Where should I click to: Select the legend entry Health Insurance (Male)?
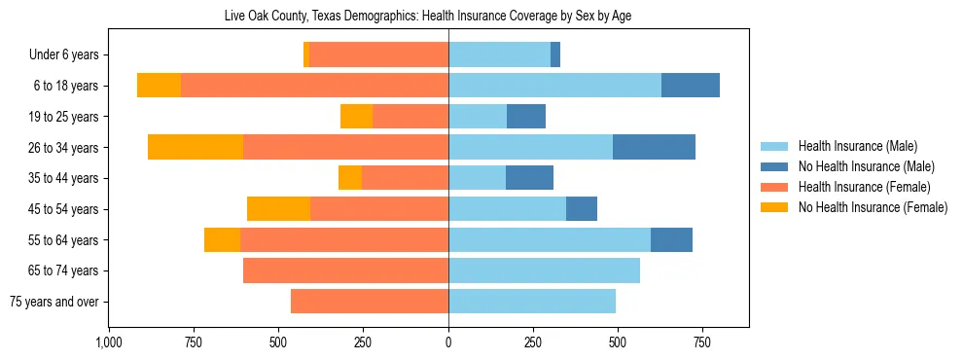point(857,146)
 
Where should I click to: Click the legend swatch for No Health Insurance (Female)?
point(774,207)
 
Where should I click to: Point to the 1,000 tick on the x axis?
point(109,343)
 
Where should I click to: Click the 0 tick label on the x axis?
point(448,343)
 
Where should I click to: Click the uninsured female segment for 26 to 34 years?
point(196,147)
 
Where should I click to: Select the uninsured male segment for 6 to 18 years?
point(691,86)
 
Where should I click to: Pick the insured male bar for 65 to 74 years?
point(544,270)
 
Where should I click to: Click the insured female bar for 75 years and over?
point(370,302)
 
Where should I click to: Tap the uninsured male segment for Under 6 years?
point(555,54)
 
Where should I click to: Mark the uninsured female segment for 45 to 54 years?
point(278,209)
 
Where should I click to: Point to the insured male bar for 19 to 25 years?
point(478,117)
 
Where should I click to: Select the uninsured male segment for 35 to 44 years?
point(529,178)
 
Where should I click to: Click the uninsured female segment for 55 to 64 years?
point(222,239)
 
